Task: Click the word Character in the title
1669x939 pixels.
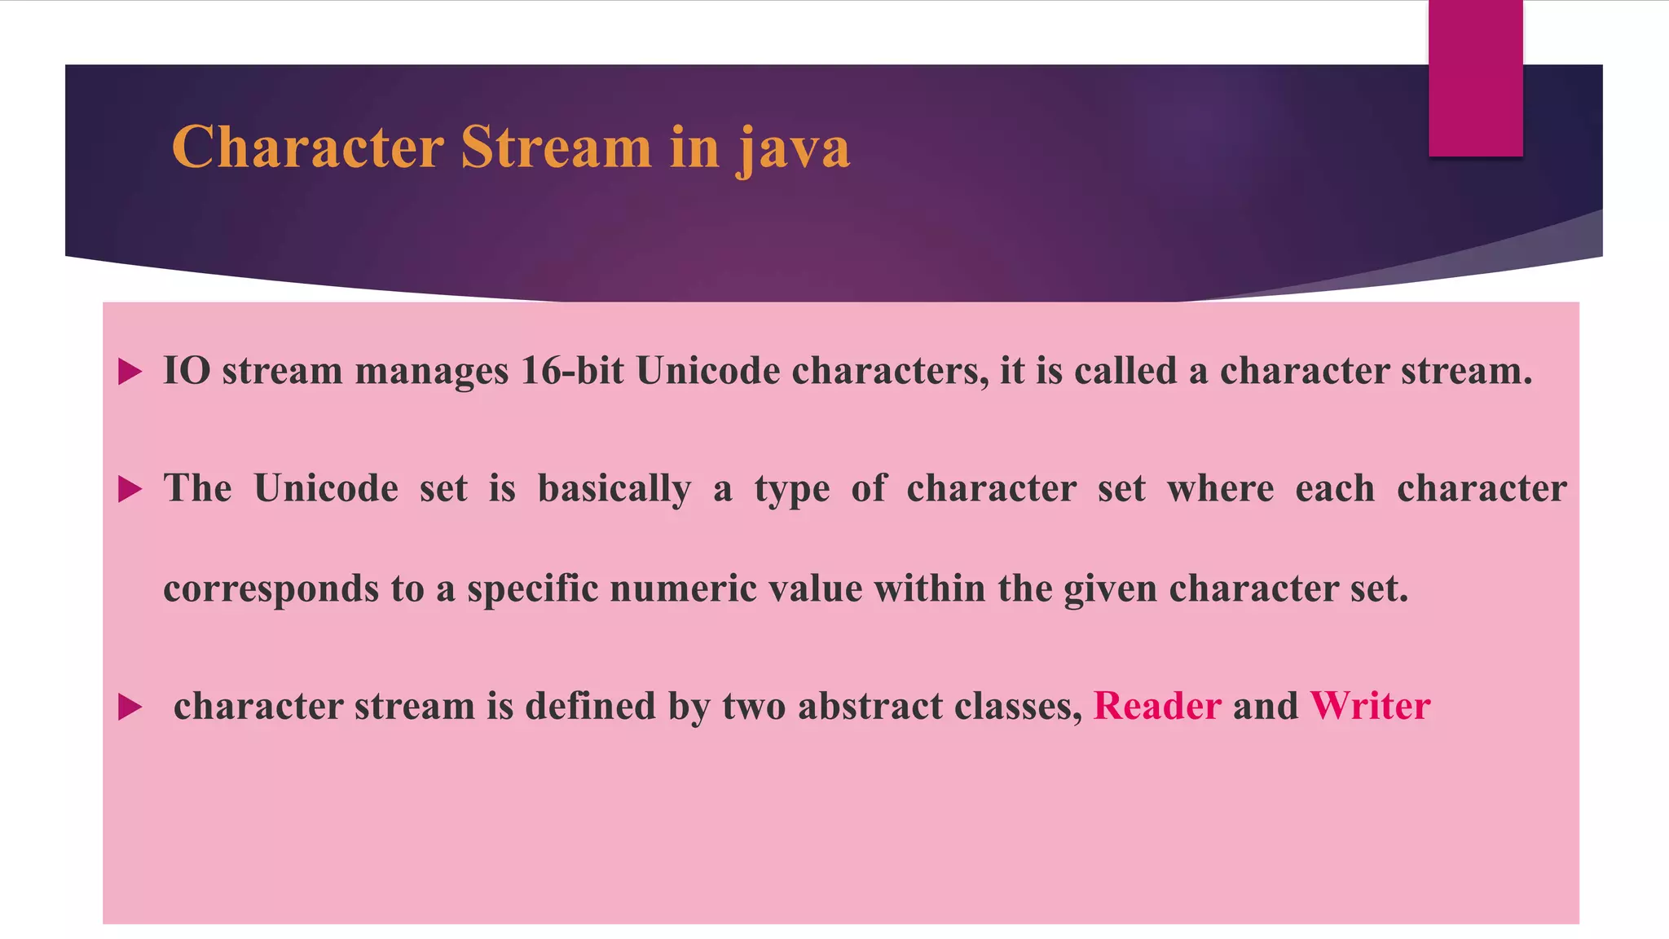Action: click(307, 148)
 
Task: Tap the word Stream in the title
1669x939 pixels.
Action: click(556, 148)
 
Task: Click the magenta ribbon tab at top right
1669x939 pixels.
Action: click(1475, 77)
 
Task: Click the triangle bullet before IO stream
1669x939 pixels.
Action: click(130, 373)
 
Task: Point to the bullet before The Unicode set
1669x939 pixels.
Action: click(130, 490)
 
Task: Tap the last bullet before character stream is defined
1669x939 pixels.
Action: click(130, 707)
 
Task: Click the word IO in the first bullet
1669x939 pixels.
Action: click(187, 371)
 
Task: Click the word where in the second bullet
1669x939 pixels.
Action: click(1220, 489)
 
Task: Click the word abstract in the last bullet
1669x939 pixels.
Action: click(870, 706)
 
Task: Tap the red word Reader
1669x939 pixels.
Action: click(1156, 706)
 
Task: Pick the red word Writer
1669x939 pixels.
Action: click(1370, 706)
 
